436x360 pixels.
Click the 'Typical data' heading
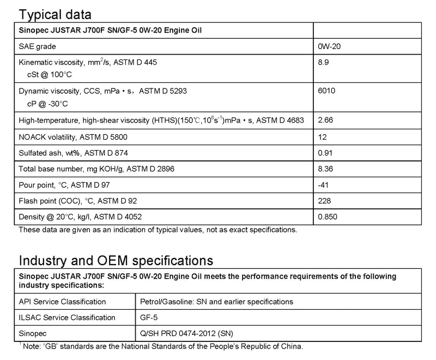pos(56,14)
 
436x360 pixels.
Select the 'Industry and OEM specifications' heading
pos(116,260)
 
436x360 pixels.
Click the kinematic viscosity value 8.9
pos(324,63)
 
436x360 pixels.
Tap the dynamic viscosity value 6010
pos(326,91)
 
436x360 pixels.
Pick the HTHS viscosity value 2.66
pos(326,119)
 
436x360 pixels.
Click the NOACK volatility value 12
pos(322,136)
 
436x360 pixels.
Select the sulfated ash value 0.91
pos(325,153)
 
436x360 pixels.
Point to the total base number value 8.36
pos(325,169)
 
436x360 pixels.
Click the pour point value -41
pos(323,185)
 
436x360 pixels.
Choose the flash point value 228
pos(324,201)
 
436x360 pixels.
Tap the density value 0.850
pos(328,217)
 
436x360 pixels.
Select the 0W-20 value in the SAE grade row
pos(329,47)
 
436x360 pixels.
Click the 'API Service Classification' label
pos(62,302)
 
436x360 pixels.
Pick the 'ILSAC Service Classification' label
pos(67,317)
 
